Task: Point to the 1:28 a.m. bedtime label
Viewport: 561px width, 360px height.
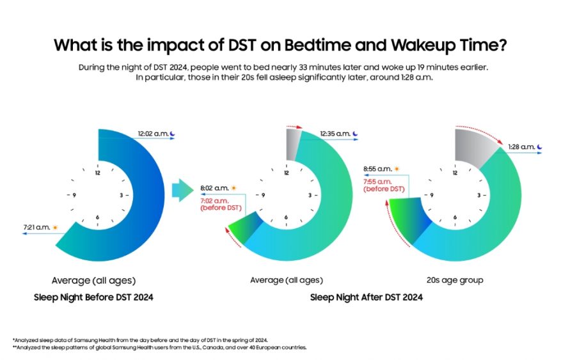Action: tap(521, 147)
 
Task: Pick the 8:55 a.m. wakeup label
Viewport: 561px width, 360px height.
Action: tap(377, 169)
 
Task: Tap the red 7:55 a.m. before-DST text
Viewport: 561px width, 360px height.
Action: tap(383, 185)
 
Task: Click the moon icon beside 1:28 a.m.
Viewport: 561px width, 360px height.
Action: tap(539, 147)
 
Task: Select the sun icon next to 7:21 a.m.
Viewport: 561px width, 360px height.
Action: tap(55, 228)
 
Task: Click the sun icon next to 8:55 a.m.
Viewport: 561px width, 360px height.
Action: tap(397, 169)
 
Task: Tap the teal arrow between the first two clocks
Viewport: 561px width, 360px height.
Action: tap(182, 190)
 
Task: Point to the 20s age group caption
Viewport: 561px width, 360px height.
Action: tap(455, 280)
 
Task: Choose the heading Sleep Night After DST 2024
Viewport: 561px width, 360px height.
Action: tap(366, 297)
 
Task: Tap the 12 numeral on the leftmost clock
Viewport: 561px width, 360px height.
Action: tap(98, 173)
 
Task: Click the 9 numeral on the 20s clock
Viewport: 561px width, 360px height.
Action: tap(432, 195)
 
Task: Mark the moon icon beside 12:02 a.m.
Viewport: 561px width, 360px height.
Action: tap(172, 134)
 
